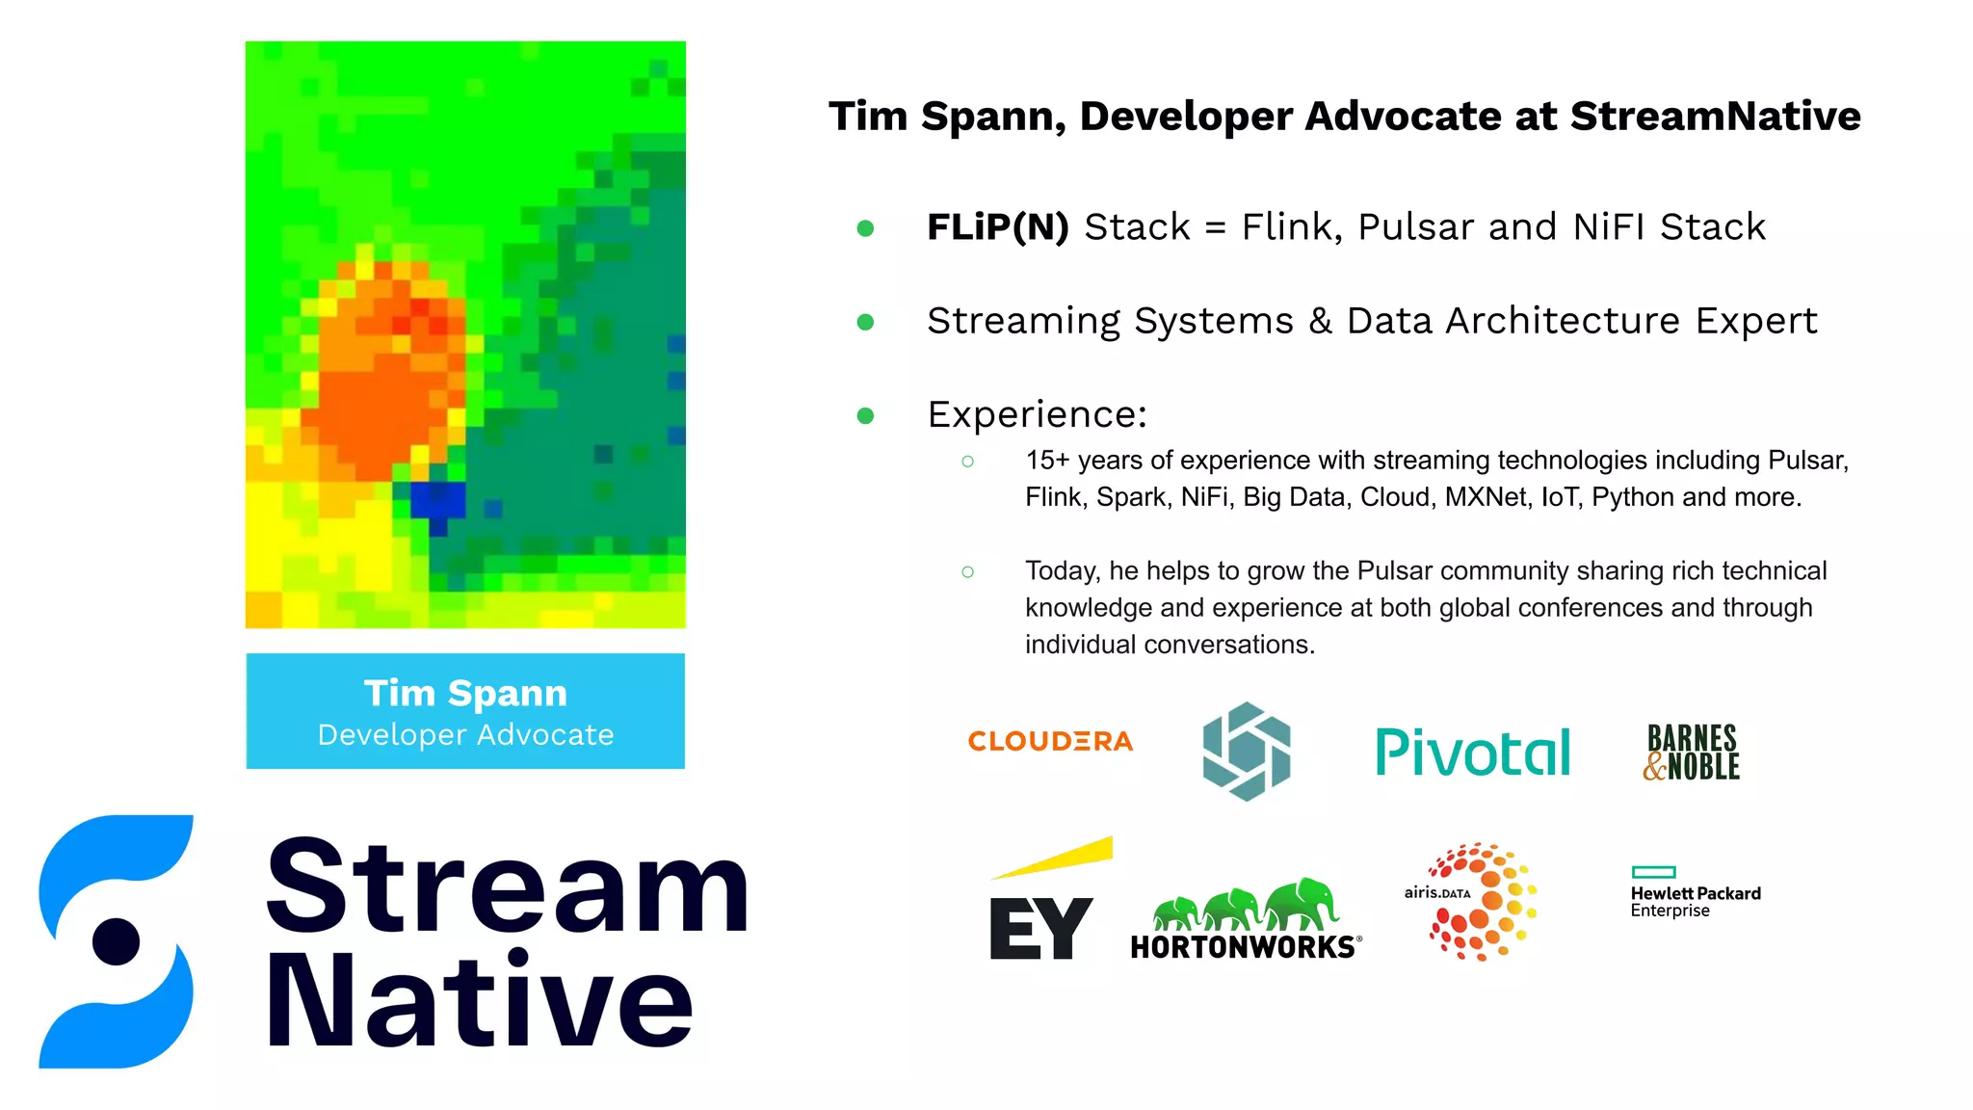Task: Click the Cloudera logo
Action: coord(1050,741)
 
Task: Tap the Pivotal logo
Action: coord(1472,753)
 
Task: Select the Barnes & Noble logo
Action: coord(1693,753)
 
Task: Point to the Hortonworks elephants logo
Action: coord(1245,920)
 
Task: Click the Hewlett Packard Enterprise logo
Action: coord(1695,893)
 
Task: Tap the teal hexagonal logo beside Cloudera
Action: coord(1247,752)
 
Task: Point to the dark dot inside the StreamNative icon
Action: coord(117,941)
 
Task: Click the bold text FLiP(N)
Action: coord(997,227)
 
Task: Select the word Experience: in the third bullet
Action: coord(1037,414)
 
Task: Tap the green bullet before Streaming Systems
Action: coord(865,322)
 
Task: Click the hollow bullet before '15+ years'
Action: coord(967,462)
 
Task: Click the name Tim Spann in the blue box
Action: coord(465,693)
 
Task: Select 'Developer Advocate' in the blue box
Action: coord(465,735)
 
